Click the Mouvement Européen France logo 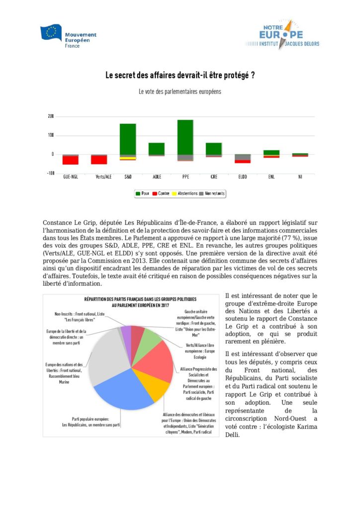tap(69, 36)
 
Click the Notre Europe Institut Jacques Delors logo tap(281, 35)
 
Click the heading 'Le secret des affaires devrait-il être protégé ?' tap(180, 76)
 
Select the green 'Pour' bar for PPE tap(185, 137)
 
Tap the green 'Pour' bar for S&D tap(128, 139)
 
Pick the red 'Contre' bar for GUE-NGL tap(70, 160)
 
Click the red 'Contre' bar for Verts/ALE tap(99, 160)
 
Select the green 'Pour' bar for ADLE tap(157, 149)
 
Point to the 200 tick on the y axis tap(51, 116)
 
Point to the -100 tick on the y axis tap(50, 173)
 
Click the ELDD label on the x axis tap(243, 176)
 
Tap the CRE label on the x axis tap(214, 176)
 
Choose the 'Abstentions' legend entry tap(183, 193)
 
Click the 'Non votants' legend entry tap(211, 193)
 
